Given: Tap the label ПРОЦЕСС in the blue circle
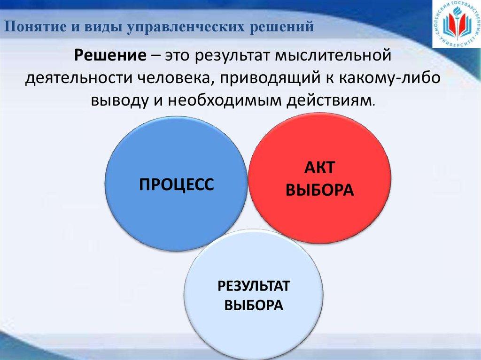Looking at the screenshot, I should click(x=177, y=184).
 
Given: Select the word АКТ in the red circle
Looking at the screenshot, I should click(x=319, y=167).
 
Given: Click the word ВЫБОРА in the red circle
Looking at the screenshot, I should click(x=319, y=190).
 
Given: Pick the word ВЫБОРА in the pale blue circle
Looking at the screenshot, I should click(x=253, y=306).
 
